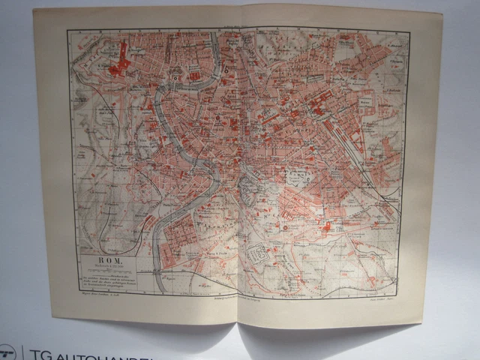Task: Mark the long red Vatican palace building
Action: click(122, 51)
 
